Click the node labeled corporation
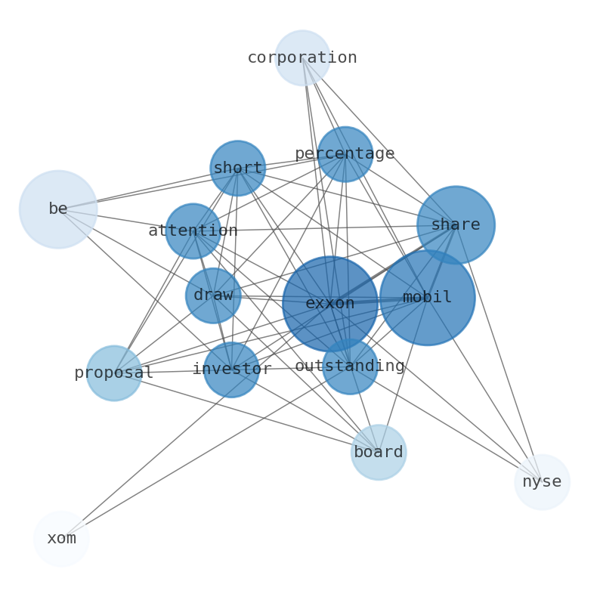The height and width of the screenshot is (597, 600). click(302, 57)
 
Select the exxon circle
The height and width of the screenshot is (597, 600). click(330, 304)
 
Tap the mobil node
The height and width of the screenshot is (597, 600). click(428, 298)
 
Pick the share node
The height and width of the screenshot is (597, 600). click(456, 225)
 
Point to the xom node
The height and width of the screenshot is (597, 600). click(61, 539)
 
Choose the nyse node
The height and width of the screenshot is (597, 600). click(543, 482)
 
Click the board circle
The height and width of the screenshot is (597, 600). click(379, 453)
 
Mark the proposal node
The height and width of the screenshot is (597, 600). click(113, 373)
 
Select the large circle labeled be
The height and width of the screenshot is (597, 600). click(58, 209)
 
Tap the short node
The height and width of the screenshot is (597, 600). click(237, 169)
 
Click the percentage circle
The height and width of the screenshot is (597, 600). click(345, 154)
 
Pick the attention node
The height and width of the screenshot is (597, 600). click(193, 231)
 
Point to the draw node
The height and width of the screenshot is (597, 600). click(213, 295)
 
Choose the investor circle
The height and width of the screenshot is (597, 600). click(231, 370)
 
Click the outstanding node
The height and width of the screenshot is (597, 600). click(350, 367)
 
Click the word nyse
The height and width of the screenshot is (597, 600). click(543, 482)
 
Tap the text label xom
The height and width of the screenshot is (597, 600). click(61, 539)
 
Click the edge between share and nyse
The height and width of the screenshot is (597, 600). click(499, 354)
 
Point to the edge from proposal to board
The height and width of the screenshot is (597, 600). click(246, 413)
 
